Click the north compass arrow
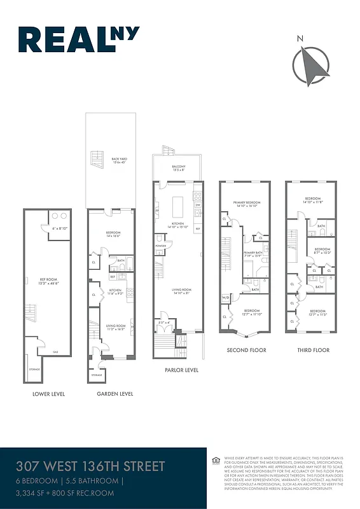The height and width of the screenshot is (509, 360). (311, 66)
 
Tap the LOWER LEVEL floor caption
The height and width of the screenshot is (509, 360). (48, 394)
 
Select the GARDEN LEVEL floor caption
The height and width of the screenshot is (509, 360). (114, 394)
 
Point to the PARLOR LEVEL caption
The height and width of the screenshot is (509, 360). (181, 370)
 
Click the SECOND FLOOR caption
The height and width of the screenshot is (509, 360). (246, 350)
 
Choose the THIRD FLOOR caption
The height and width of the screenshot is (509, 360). (313, 350)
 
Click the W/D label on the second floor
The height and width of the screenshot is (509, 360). (225, 297)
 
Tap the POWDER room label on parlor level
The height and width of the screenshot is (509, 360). (160, 246)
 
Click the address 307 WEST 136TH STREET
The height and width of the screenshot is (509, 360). (91, 466)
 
